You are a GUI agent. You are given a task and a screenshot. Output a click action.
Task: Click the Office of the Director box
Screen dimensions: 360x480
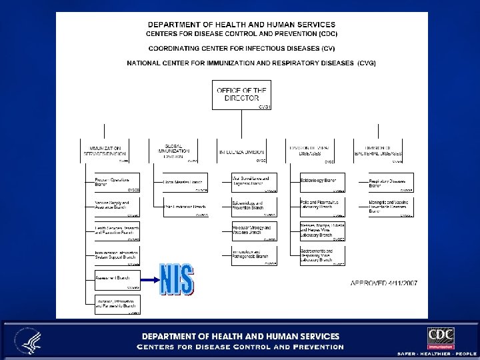pyautogui.click(x=239, y=95)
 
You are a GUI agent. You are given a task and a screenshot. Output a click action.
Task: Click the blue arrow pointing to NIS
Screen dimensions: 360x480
pyautogui.click(x=143, y=279)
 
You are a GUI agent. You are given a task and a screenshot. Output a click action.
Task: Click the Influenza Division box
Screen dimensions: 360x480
pyautogui.click(x=242, y=151)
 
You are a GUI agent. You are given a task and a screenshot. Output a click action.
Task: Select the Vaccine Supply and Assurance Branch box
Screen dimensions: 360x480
pyautogui.click(x=111, y=206)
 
